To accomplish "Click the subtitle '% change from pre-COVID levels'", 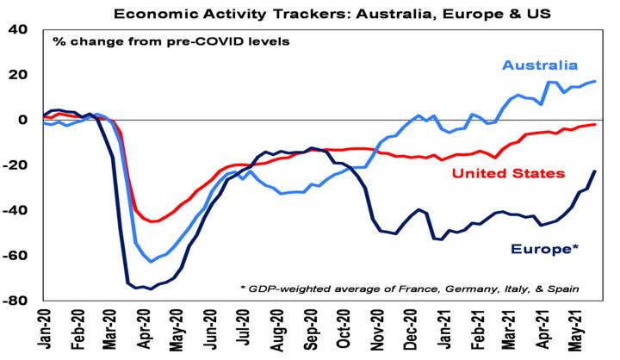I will pos(170,41).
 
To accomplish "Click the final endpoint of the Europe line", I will pos(594,171).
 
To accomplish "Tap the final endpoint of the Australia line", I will pos(594,82).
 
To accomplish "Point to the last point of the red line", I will pos(594,125).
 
